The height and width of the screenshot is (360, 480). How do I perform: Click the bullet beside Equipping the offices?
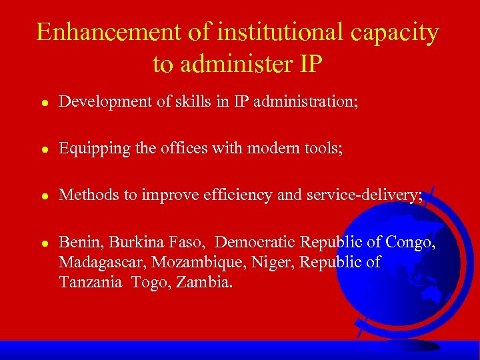click(42, 149)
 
